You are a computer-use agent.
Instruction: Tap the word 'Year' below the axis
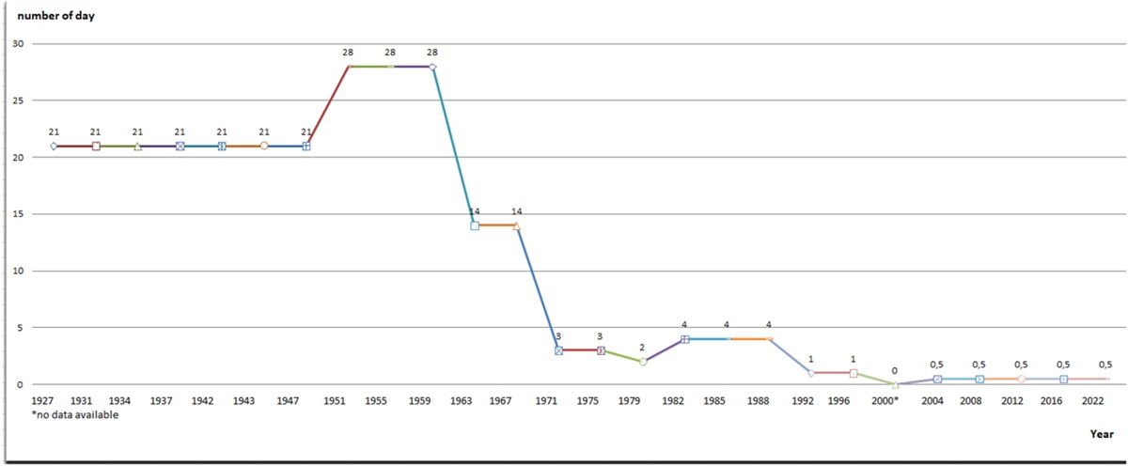pyautogui.click(x=1102, y=434)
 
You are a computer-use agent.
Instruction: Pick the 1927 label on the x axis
pyautogui.click(x=43, y=401)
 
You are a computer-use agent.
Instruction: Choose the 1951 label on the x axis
pyautogui.click(x=334, y=401)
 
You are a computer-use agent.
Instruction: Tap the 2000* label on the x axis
pyautogui.click(x=886, y=401)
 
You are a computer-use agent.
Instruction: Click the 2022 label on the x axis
pyautogui.click(x=1092, y=401)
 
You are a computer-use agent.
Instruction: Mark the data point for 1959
pyautogui.click(x=432, y=67)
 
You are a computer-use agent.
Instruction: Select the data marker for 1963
pyautogui.click(x=475, y=225)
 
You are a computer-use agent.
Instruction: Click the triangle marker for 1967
pyautogui.click(x=516, y=225)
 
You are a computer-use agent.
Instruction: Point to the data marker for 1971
pyautogui.click(x=558, y=350)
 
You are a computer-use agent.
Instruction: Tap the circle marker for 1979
pyautogui.click(x=643, y=362)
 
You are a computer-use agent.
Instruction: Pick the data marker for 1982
pyautogui.click(x=684, y=339)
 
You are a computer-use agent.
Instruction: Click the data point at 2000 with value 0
pyautogui.click(x=895, y=384)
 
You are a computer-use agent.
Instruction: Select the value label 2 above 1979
pyautogui.click(x=643, y=348)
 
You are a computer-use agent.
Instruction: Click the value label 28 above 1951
pyautogui.click(x=348, y=53)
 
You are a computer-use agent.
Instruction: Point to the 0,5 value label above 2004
pyautogui.click(x=936, y=365)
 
